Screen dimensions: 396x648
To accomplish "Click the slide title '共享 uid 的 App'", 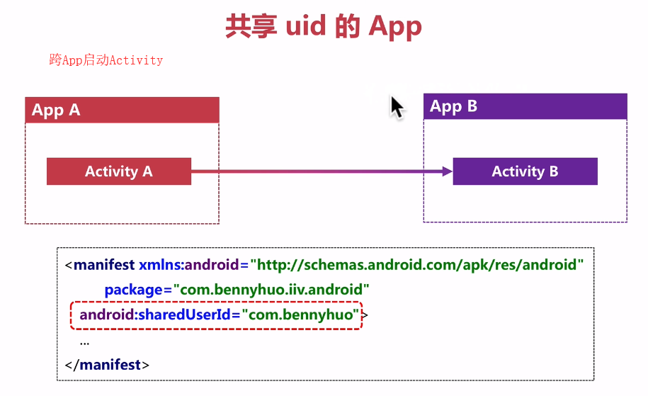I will point(324,26).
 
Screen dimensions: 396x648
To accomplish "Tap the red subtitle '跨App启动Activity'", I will point(106,60).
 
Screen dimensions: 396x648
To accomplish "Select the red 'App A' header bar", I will point(122,111).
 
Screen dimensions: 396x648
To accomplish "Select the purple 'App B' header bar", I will point(525,107).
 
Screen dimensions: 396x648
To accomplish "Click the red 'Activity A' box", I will point(119,171).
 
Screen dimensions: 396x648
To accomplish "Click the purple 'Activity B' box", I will point(525,171).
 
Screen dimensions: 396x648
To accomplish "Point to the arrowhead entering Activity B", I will point(446,171).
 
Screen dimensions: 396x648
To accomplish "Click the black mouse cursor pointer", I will point(396,107).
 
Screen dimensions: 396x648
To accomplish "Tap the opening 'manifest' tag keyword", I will point(104,266).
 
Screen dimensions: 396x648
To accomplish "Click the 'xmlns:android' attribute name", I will point(189,266).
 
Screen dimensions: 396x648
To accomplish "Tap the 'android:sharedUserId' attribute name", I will point(155,315).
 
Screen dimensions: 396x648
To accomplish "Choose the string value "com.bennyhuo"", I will point(301,315).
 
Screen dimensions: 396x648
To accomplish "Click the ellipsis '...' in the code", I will point(84,341).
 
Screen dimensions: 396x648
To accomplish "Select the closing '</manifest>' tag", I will point(107,365).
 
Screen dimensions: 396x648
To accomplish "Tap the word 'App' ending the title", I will point(395,26).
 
